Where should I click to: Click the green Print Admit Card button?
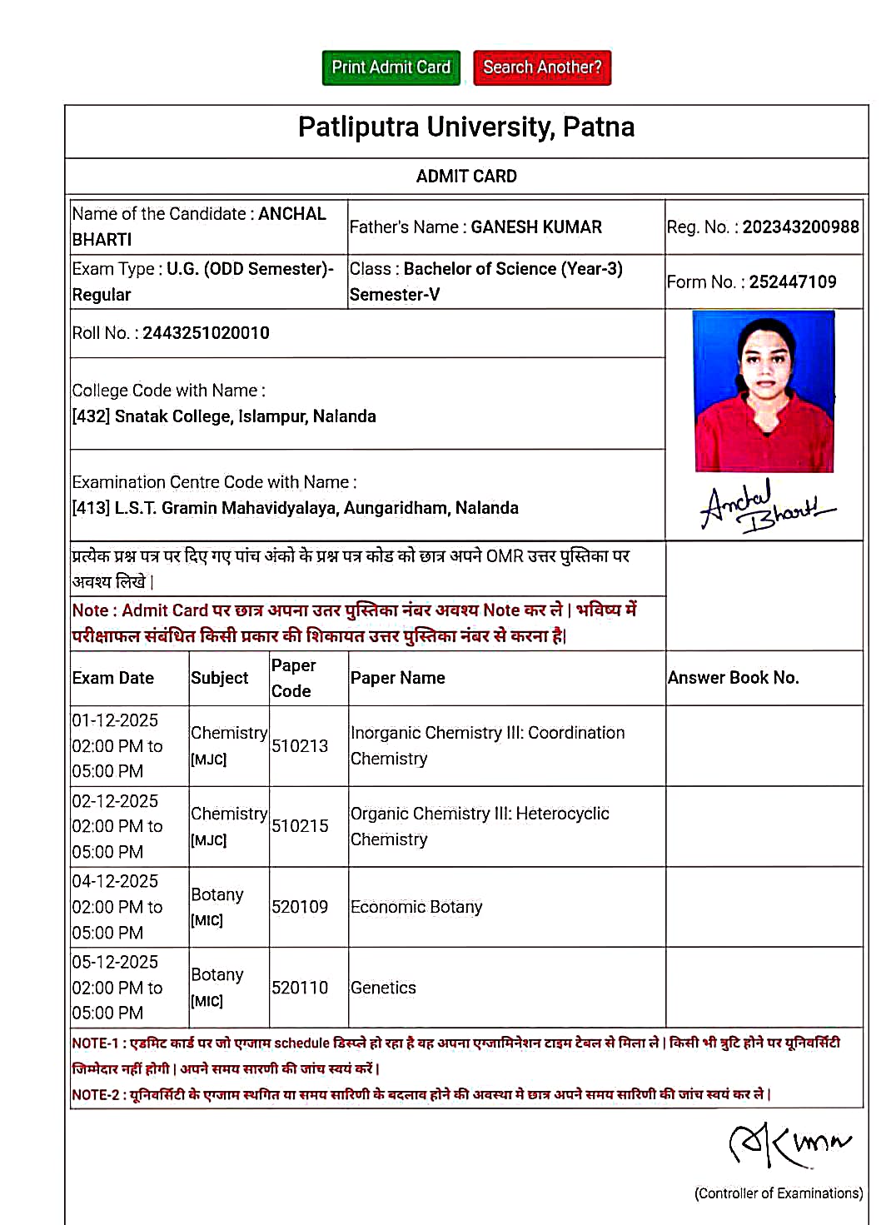(x=391, y=67)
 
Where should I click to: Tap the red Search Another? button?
(x=542, y=67)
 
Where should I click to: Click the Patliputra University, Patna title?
(x=466, y=127)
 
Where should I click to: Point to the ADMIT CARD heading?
(x=466, y=177)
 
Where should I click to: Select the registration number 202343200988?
(x=800, y=227)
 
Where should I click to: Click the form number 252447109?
(x=793, y=282)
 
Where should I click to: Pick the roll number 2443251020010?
(x=206, y=333)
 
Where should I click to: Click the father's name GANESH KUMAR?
(x=536, y=227)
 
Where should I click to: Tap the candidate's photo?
(x=764, y=391)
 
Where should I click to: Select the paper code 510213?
(x=300, y=746)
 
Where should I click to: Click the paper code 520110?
(x=300, y=988)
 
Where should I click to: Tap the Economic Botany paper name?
(x=416, y=907)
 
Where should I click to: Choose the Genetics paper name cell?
(x=383, y=988)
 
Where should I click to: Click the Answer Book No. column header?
(x=733, y=678)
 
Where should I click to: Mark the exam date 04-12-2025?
(x=115, y=881)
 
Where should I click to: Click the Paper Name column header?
(x=397, y=678)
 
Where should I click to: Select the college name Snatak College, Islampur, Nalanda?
(x=245, y=416)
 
